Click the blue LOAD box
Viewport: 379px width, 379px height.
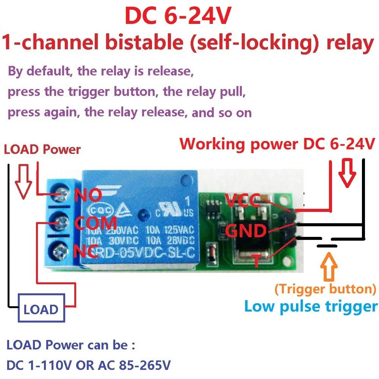tap(41, 309)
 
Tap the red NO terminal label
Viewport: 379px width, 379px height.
tap(88, 196)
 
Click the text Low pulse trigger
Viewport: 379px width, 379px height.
tap(311, 306)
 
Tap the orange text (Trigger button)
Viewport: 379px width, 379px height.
tap(325, 289)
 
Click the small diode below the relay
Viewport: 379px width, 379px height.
tap(210, 253)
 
